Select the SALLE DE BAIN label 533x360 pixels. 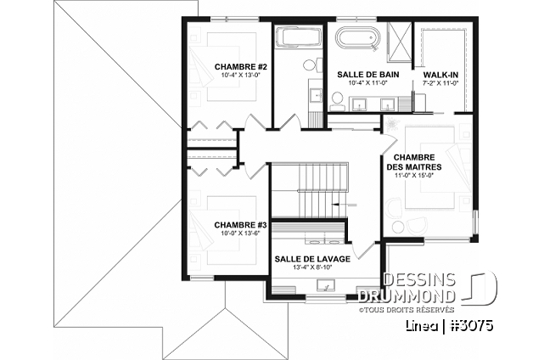[367, 75]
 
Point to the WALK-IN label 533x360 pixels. [440, 75]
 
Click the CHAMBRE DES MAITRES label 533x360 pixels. [415, 162]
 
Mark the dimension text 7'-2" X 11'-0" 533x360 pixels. [440, 83]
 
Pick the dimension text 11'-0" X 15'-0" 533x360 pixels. [415, 177]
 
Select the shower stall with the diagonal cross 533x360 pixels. [399, 38]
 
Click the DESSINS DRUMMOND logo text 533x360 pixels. [419, 288]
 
